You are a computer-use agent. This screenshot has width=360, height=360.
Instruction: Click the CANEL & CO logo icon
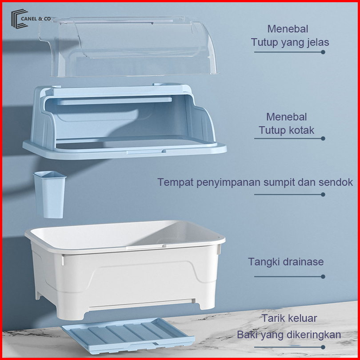[19, 19]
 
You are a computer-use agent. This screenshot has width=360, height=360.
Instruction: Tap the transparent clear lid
[128, 46]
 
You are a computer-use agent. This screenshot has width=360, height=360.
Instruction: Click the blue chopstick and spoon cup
[50, 195]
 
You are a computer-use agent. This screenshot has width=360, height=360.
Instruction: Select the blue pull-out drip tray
[128, 336]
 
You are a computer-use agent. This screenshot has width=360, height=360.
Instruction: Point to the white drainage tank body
[125, 270]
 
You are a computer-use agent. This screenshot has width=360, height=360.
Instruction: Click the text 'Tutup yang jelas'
[290, 43]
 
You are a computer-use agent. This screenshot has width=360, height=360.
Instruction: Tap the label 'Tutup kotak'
[286, 130]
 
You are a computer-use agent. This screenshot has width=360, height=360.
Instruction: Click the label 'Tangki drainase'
[286, 262]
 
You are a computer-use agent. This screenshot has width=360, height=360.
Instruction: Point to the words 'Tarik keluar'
[289, 318]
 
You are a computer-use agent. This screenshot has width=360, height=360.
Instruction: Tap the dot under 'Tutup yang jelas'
[323, 52]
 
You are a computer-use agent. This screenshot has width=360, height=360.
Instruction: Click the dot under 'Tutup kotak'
[323, 138]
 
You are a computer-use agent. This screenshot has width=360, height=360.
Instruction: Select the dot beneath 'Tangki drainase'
[323, 276]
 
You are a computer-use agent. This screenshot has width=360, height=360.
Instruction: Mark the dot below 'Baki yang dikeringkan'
[323, 347]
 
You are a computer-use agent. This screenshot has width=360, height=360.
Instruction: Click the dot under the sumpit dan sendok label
[323, 195]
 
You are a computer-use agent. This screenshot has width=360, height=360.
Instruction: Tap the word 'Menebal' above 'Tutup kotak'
[287, 117]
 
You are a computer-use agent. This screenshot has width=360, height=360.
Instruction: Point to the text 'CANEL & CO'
[36, 19]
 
